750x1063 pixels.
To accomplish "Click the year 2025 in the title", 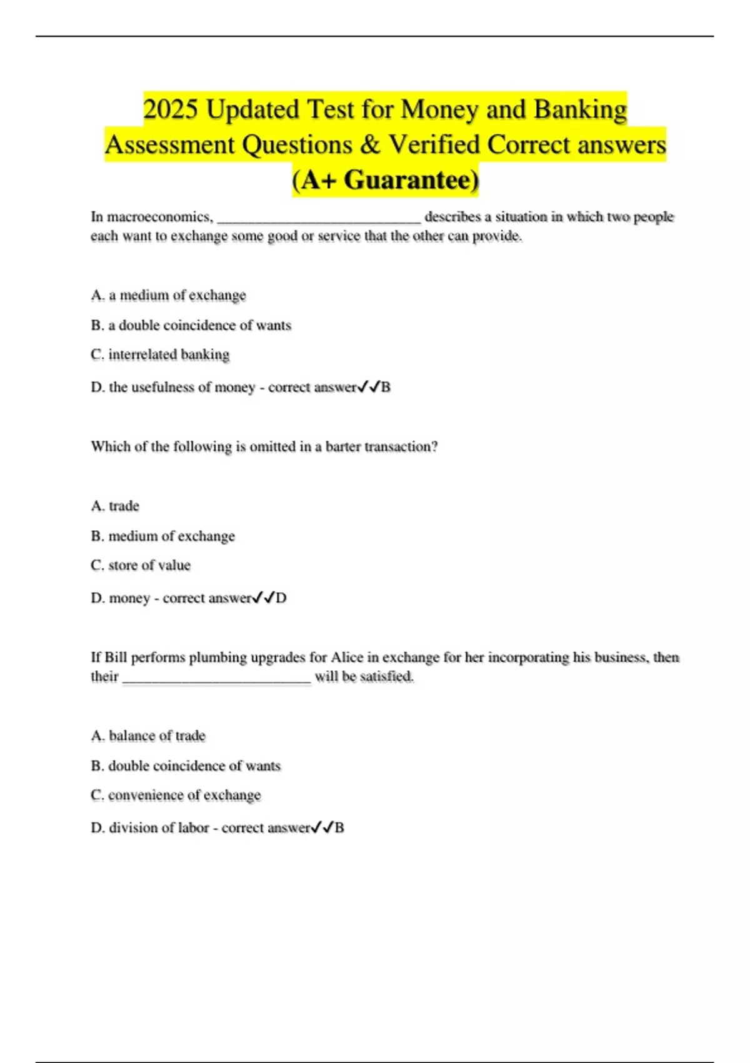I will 170,110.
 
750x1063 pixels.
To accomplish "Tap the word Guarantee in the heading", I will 411,180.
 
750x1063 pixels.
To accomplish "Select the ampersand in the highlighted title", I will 371,145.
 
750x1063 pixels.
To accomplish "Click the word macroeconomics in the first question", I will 160,217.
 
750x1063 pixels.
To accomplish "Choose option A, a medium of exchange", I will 169,295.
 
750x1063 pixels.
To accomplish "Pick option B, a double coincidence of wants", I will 191,325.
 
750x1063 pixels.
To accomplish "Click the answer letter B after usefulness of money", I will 386,388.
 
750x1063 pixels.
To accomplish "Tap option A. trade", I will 116,506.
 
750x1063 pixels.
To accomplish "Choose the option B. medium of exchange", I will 163,536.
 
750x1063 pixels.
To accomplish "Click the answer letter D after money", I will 281,598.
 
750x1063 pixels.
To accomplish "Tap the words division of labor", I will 159,828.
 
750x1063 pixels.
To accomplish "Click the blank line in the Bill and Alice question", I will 216,680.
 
